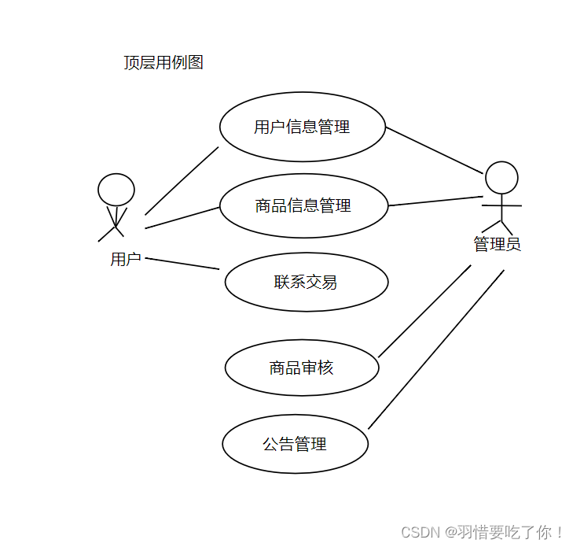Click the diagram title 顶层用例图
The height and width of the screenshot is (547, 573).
(163, 63)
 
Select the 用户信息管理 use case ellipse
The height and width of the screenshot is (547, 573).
(303, 127)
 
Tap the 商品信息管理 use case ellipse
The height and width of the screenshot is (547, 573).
(303, 206)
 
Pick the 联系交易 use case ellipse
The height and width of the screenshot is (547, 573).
(306, 282)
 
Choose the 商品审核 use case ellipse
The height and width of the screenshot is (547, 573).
(301, 368)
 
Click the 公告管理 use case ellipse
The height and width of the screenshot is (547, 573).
(295, 445)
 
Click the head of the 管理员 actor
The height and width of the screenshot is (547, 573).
(501, 178)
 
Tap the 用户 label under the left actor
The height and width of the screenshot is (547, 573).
(126, 259)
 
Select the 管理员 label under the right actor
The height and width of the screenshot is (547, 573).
(497, 245)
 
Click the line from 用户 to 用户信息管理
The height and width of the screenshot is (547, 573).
(182, 180)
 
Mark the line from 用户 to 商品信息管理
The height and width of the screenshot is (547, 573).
(182, 218)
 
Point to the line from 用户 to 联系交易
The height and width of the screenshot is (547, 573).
(182, 263)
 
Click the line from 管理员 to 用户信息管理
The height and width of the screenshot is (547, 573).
(434, 150)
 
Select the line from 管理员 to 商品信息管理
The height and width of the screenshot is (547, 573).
(435, 201)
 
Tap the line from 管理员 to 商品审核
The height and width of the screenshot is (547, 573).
(424, 311)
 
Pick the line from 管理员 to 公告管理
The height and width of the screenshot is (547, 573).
(436, 349)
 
